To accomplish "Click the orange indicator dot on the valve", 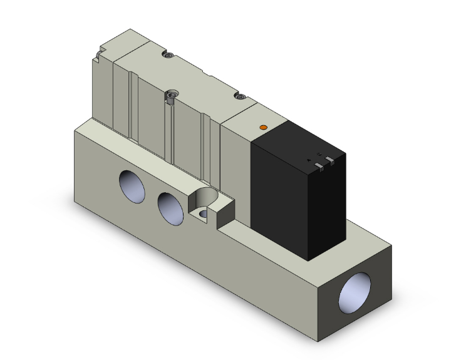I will click(x=263, y=128).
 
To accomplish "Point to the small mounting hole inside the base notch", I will click(x=202, y=214).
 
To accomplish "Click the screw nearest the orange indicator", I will click(x=237, y=96).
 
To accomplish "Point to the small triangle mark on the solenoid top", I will click(x=309, y=160).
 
